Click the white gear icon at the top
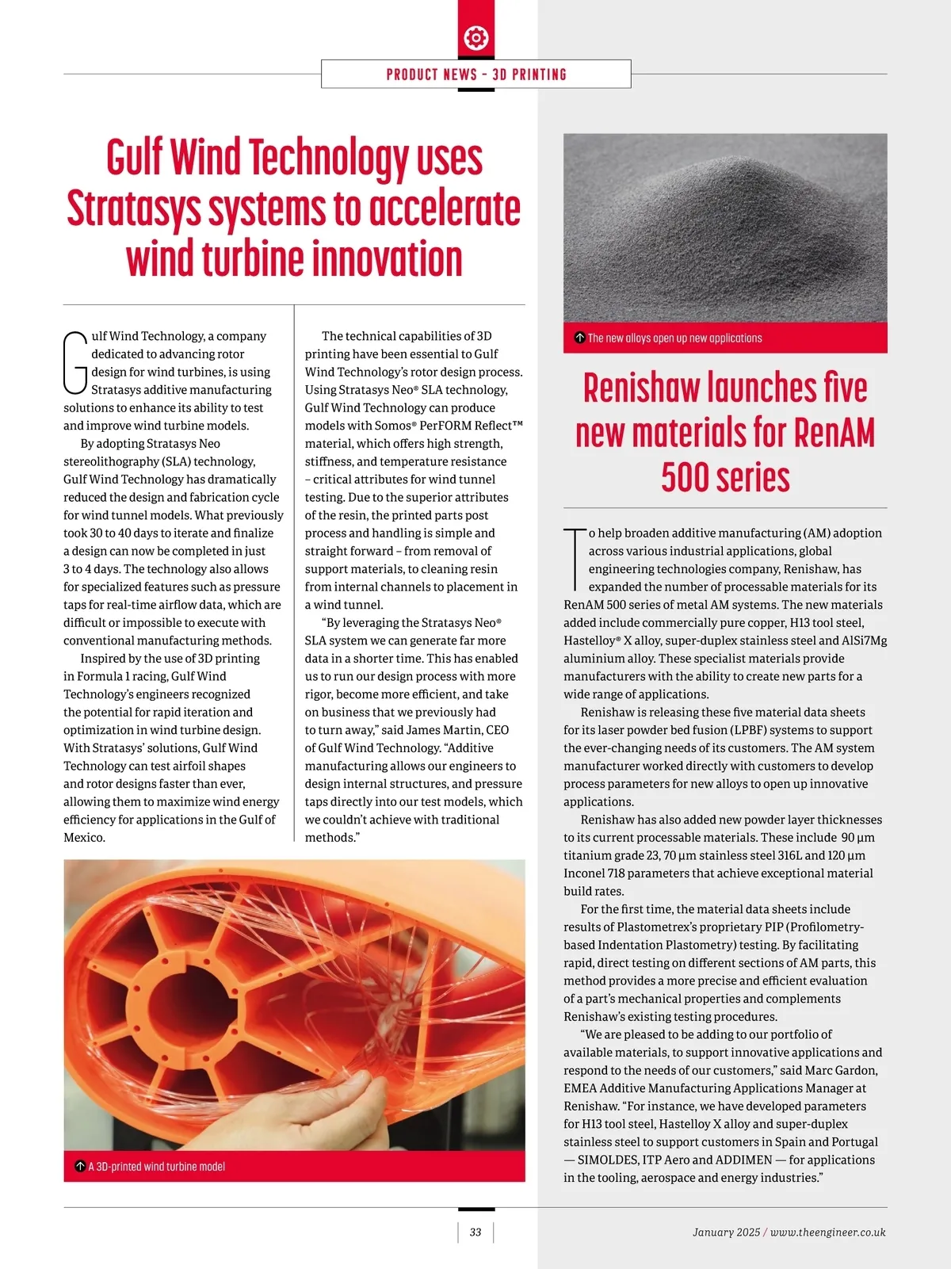pos(475,37)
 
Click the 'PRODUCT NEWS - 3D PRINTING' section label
pos(476,75)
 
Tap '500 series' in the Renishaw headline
pos(725,477)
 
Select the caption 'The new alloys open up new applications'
pos(674,338)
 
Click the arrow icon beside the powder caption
pos(579,338)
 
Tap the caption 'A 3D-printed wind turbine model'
pos(156,1167)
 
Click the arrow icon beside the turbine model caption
pos(79,1167)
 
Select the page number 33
pos(475,1233)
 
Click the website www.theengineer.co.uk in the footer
pos(827,1233)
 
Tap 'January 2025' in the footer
pos(726,1233)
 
